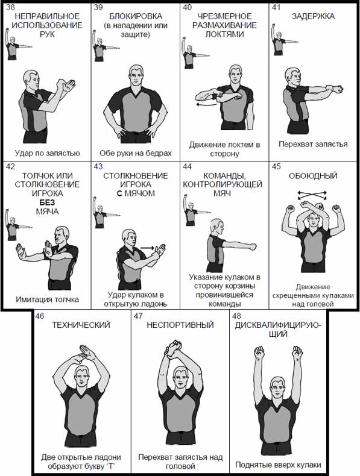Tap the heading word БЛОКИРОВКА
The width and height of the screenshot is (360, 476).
(136, 16)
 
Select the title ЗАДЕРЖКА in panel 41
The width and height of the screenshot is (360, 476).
(313, 16)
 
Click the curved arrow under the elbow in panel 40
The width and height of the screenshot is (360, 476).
(207, 104)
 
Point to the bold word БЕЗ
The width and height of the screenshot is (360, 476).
(47, 202)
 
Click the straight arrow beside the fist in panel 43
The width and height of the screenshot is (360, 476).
(147, 248)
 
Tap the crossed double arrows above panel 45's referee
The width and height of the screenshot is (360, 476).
(312, 195)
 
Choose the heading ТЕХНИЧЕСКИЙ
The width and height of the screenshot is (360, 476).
(81, 325)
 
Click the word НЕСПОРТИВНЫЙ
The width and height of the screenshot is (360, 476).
(180, 325)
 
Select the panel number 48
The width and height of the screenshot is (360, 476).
(236, 316)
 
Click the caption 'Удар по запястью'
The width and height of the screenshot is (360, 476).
(48, 153)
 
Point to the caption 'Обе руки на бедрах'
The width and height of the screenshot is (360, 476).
(136, 153)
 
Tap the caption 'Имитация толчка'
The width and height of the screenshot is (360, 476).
(48, 299)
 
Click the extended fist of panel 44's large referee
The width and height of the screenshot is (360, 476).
(252, 247)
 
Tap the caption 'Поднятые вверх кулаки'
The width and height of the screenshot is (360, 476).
(278, 465)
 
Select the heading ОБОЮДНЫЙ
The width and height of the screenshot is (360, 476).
(313, 176)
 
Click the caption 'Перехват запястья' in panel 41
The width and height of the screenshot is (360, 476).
(313, 144)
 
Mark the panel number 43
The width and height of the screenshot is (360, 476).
(98, 166)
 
